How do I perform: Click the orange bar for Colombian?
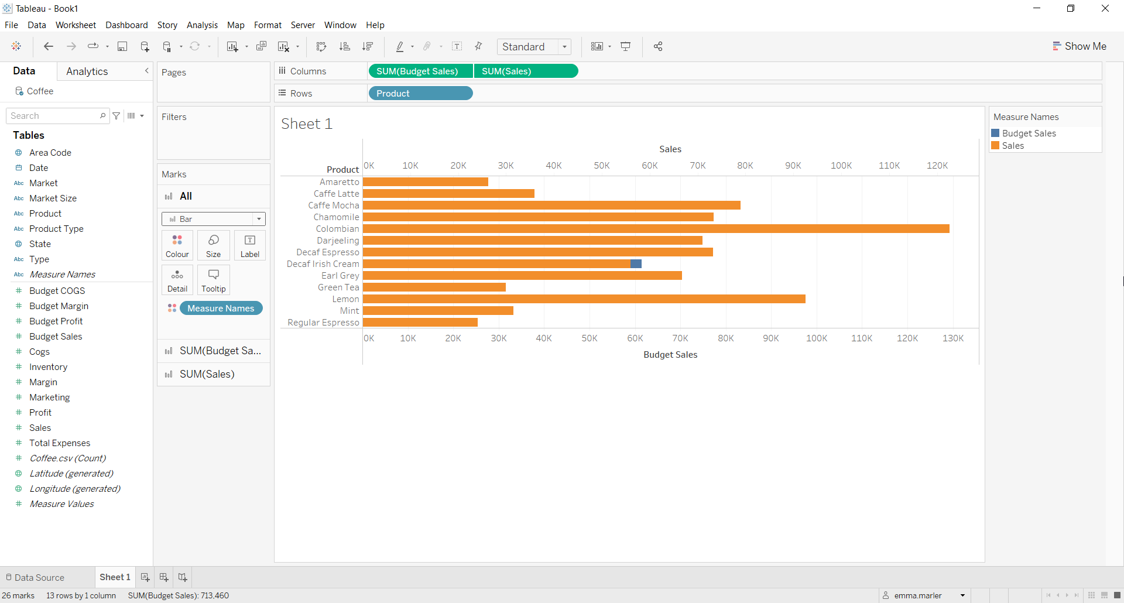656,229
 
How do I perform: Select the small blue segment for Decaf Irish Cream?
636,264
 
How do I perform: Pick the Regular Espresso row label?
323,323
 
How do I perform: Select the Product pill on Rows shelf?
420,94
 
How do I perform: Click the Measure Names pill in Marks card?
221,309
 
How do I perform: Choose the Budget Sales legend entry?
1029,133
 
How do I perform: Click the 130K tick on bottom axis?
953,338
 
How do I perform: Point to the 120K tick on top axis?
937,166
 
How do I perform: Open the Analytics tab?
87,71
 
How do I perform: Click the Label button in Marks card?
250,245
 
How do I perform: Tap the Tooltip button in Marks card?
213,280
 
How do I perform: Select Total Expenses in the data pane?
60,443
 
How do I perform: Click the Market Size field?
53,198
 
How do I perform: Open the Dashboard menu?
126,25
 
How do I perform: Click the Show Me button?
1080,46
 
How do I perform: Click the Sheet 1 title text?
307,124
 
